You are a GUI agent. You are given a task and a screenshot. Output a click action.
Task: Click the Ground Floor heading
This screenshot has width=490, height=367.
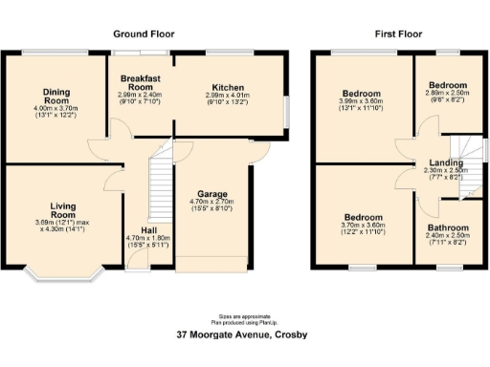click(144, 33)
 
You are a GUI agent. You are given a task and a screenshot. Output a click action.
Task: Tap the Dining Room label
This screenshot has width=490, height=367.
click(56, 96)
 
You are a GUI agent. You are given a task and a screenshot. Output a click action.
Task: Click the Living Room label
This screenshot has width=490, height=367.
click(62, 209)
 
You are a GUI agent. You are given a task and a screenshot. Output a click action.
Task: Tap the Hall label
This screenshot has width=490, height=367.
click(147, 230)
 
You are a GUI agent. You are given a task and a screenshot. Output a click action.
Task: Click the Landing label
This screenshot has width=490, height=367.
click(446, 161)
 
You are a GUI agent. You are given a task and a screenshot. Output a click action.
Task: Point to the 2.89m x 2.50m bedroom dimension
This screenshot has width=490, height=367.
click(448, 97)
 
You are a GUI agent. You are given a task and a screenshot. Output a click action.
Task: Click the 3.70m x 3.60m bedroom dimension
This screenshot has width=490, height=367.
click(363, 229)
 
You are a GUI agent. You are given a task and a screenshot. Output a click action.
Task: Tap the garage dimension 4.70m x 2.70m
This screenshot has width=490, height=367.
click(212, 203)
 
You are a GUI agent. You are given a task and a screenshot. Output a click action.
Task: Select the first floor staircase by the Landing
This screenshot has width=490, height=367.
click(468, 162)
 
